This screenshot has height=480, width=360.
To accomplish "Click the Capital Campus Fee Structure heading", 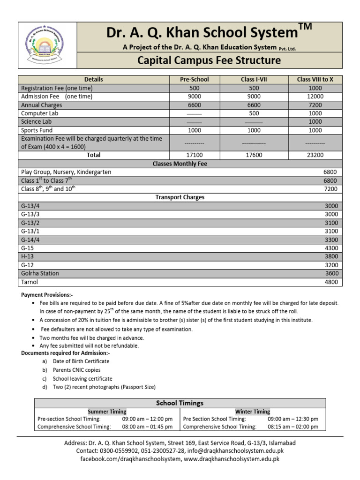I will [x=209, y=60].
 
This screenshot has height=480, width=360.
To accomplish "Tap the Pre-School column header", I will [x=195, y=80].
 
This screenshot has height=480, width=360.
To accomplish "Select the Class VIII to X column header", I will [x=315, y=80].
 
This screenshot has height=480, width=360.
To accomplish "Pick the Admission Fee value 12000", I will [x=315, y=97].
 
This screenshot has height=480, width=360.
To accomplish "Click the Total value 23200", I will [x=315, y=155].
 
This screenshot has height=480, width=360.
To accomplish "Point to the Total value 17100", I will [x=195, y=155].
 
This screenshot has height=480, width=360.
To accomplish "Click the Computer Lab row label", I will [x=40, y=113].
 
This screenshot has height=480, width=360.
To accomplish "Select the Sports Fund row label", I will [x=37, y=130].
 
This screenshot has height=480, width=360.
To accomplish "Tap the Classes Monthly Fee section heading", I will [x=180, y=164].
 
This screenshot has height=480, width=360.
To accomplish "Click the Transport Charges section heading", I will [x=180, y=197].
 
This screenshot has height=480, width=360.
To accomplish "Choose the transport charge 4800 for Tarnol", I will [x=331, y=282].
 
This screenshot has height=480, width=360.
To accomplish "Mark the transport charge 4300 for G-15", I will [x=331, y=248].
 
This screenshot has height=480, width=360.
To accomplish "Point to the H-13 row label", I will [x=28, y=256].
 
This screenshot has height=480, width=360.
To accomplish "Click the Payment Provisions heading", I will [x=47, y=295].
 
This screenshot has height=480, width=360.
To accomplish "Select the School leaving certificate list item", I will [x=82, y=378].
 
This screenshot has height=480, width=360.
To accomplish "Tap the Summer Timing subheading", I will [x=107, y=412].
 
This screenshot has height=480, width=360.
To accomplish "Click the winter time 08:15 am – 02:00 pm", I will [x=293, y=427].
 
